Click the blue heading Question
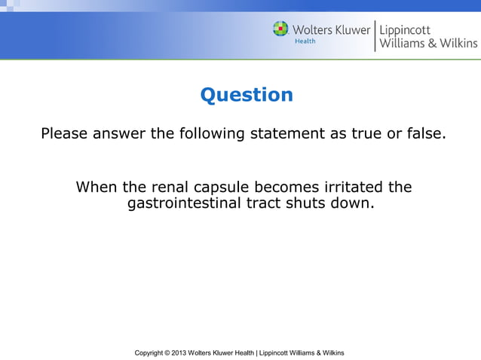pyautogui.click(x=247, y=95)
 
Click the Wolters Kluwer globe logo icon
pyautogui.click(x=280, y=29)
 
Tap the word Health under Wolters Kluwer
pyautogui.click(x=305, y=41)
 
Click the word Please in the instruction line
pyautogui.click(x=64, y=134)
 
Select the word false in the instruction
pyautogui.click(x=425, y=134)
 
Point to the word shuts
pyautogui.click(x=309, y=203)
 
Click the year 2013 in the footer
pyautogui.click(x=179, y=353)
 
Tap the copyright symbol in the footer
pyautogui.click(x=166, y=353)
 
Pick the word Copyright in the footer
pyautogui.click(x=148, y=353)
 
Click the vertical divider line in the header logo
pyautogui.click(x=374, y=36)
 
